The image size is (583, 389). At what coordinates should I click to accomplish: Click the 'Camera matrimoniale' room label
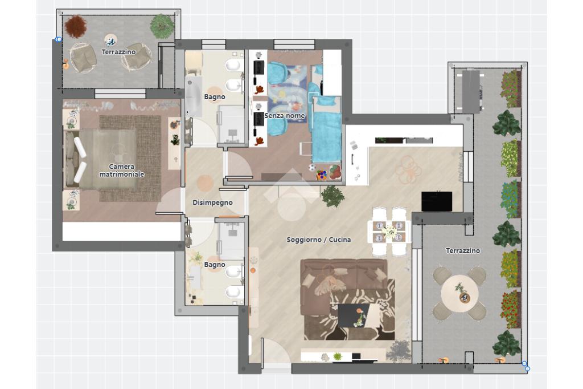pyautogui.click(x=122, y=171)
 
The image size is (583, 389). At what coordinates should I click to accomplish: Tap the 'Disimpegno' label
pyautogui.click(x=212, y=202)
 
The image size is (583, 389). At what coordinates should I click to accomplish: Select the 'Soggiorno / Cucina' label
pyautogui.click(x=319, y=240)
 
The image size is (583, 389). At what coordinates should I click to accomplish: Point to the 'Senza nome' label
pyautogui.click(x=285, y=116)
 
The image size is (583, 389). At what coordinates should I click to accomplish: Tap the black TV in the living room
pyautogui.click(x=437, y=201)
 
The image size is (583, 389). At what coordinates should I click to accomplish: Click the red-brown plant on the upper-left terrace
pyautogui.click(x=76, y=26)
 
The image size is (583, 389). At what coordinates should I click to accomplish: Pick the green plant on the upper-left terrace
pyautogui.click(x=162, y=26)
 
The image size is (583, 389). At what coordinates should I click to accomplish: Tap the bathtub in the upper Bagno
pyautogui.click(x=194, y=96)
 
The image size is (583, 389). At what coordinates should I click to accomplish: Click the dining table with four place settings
pyautogui.click(x=389, y=232)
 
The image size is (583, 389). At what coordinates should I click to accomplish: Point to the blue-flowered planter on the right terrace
pyautogui.click(x=510, y=199)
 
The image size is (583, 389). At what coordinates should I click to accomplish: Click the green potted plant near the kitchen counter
pyautogui.click(x=332, y=196)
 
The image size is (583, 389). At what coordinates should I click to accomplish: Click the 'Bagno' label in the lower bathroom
pyautogui.click(x=215, y=265)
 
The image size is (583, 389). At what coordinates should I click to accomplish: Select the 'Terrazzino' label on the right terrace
pyautogui.click(x=462, y=251)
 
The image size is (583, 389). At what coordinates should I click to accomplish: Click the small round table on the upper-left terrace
pyautogui.click(x=110, y=40)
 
